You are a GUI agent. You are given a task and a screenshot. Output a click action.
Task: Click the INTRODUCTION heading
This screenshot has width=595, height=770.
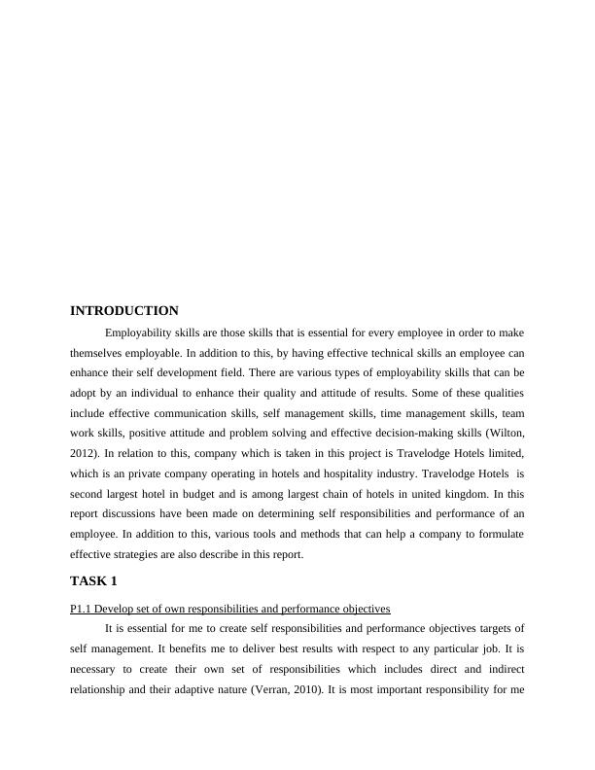click(124, 311)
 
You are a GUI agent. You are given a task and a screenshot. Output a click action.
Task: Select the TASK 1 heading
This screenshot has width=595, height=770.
click(93, 581)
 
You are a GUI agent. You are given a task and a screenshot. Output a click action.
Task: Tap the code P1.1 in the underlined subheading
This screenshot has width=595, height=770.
click(81, 609)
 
